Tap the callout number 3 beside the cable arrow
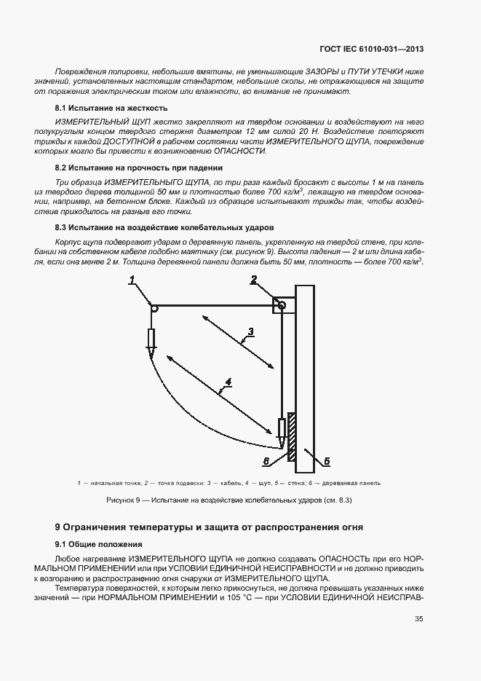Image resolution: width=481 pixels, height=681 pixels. click(x=250, y=332)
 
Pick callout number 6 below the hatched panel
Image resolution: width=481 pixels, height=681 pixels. click(x=266, y=461)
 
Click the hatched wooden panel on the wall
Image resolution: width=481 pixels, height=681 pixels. click(x=291, y=437)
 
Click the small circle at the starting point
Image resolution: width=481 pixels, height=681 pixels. click(x=154, y=309)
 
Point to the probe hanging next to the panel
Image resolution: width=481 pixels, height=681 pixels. click(x=282, y=430)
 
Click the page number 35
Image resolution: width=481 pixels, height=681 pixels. click(x=418, y=620)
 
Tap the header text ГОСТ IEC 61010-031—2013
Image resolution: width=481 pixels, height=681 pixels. click(x=371, y=50)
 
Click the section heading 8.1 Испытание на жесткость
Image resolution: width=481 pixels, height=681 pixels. click(x=101, y=108)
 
